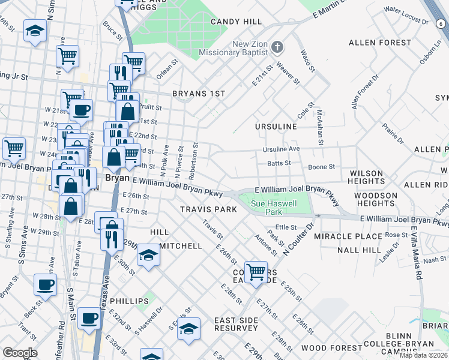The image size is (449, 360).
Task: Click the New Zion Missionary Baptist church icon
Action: click(x=277, y=47)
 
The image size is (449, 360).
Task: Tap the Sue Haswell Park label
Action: click(x=274, y=208)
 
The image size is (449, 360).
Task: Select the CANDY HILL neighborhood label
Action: click(x=236, y=22)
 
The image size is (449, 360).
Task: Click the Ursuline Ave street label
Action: click(x=280, y=149)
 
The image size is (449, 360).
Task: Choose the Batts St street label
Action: click(x=279, y=163)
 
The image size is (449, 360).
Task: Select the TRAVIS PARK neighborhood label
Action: click(x=209, y=209)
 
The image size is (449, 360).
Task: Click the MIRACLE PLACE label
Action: click(x=352, y=237)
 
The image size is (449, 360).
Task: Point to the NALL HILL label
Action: click(x=359, y=250)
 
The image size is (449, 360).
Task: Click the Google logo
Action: click(x=20, y=352)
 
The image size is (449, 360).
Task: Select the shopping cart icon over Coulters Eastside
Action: click(x=256, y=271)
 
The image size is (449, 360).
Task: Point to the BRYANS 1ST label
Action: click(x=198, y=94)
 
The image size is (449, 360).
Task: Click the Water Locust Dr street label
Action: click(x=406, y=16)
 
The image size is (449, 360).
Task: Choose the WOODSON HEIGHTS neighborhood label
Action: click(x=376, y=200)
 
